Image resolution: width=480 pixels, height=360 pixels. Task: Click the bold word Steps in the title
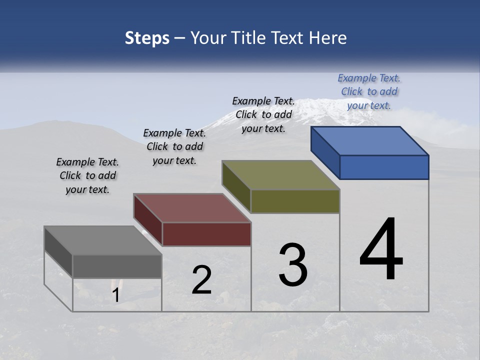coord(147,38)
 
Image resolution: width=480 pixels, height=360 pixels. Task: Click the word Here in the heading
coord(327,38)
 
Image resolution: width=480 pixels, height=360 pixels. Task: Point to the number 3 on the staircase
coord(293,265)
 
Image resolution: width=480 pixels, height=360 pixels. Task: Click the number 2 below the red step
coord(201,280)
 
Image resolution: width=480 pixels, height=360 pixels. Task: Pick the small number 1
coord(115,295)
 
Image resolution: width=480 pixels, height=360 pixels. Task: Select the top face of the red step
coord(192,208)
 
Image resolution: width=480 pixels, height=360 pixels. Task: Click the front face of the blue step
coord(384,167)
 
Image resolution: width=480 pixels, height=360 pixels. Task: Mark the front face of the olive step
coord(295,201)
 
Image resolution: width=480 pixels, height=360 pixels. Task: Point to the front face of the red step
coord(206,234)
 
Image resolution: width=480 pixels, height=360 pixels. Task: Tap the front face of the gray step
coord(117,266)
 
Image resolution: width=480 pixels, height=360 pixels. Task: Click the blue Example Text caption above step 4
coord(369,91)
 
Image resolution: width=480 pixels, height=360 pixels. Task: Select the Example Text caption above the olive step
coord(263,114)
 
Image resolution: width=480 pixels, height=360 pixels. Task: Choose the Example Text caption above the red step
coord(174,146)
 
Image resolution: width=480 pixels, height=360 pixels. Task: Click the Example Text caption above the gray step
coord(87,175)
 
